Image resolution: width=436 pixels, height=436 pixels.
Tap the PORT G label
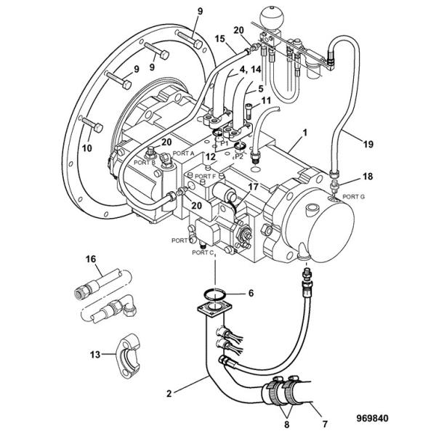coord(354,197)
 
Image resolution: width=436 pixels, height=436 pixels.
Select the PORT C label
coord(201,253)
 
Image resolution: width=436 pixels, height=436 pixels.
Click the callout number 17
coord(251,187)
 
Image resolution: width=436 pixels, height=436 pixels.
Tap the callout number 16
coord(91,259)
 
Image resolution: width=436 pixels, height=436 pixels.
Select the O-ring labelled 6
coord(211,294)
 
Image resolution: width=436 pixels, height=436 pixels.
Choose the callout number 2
coord(169,394)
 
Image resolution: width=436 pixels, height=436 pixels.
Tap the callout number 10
coord(87,148)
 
